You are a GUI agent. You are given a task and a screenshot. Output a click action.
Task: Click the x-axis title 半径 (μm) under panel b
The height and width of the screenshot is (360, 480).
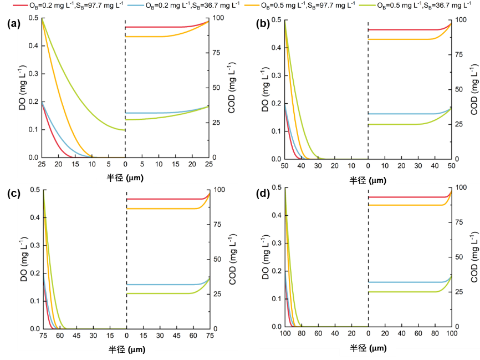pyautogui.click(x=368, y=180)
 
